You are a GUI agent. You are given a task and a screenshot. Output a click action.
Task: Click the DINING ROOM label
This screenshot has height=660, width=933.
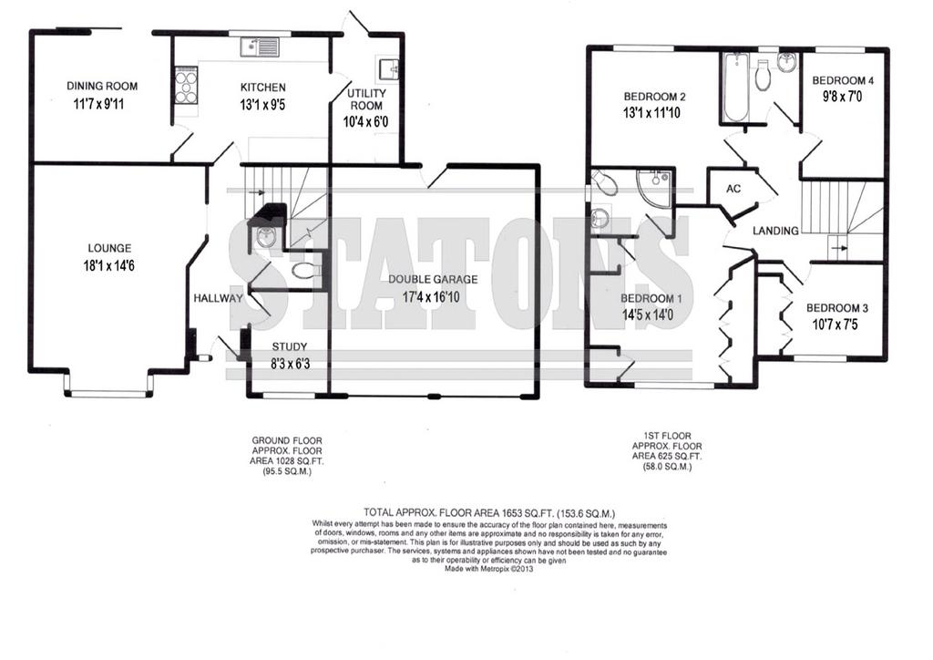(x=102, y=87)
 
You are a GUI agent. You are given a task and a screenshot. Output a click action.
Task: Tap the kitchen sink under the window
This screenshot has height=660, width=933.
(x=260, y=46)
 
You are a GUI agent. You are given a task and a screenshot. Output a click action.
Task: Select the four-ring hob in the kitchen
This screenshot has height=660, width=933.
(x=186, y=87)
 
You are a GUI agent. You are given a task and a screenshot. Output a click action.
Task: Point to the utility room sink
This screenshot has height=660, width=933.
(x=390, y=70)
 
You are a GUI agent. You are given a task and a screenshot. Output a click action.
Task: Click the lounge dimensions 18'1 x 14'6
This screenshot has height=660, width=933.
(x=109, y=265)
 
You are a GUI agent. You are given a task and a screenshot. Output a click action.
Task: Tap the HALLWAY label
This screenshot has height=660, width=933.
(x=219, y=298)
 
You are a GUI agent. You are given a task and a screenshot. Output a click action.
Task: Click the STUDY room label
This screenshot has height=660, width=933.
(x=290, y=346)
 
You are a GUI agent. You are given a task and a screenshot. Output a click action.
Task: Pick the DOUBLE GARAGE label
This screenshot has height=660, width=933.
(x=433, y=279)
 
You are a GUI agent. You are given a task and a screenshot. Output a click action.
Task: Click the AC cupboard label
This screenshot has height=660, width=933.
(x=733, y=189)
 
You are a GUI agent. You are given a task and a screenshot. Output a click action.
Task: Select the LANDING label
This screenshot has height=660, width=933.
(x=775, y=231)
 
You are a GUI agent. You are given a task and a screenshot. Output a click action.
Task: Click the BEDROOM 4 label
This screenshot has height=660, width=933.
(x=843, y=80)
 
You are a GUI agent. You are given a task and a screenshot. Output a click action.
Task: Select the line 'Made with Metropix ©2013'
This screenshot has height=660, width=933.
(x=489, y=569)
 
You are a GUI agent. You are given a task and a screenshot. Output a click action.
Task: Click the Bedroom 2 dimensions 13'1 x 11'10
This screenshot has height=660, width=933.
(x=651, y=113)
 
